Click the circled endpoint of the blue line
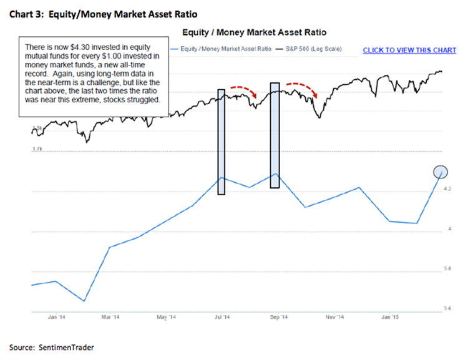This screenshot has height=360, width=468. click(x=440, y=172)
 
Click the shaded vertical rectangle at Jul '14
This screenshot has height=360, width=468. click(x=221, y=142)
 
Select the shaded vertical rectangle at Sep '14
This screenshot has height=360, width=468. click(x=274, y=135)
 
